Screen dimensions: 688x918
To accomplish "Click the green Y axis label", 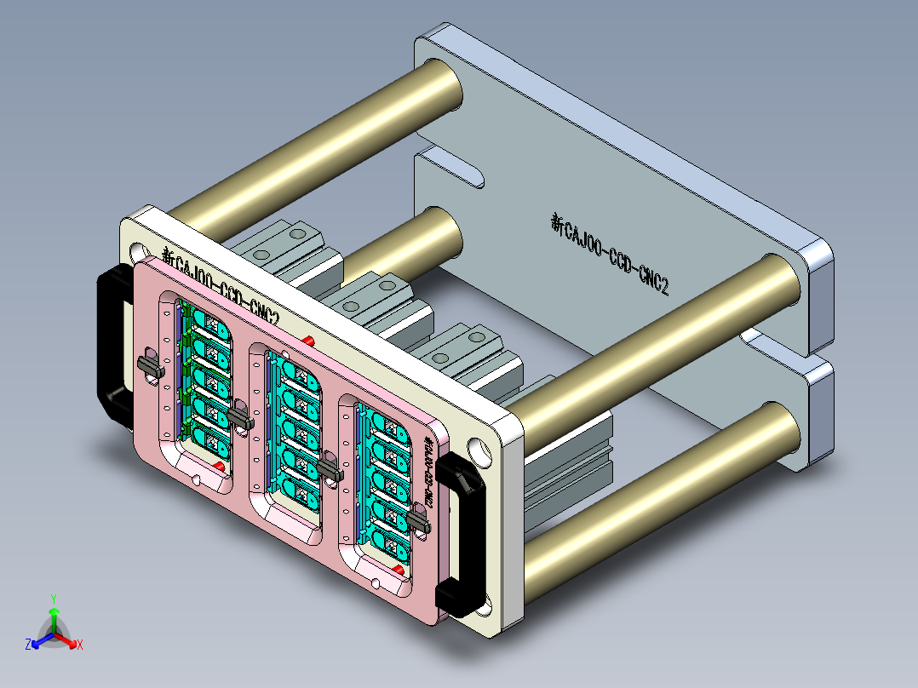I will click(x=53, y=599).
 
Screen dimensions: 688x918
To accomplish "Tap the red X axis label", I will click(x=80, y=645).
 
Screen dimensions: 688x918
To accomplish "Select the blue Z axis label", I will click(x=28, y=645).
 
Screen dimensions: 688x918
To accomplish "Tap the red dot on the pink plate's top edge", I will click(x=308, y=341).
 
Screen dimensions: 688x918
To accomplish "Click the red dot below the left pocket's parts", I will click(x=220, y=467).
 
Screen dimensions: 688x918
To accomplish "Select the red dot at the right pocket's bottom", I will click(x=401, y=569).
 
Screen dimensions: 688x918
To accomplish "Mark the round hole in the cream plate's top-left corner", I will click(x=136, y=252).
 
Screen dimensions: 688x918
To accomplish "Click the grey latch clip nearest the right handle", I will click(x=418, y=519).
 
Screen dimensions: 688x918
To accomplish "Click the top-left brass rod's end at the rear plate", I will click(x=441, y=85).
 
